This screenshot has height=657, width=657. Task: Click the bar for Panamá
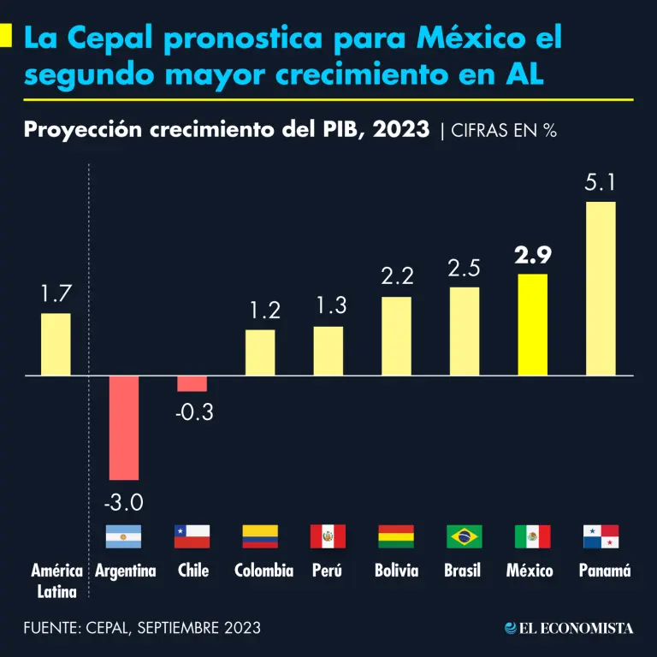point(601,288)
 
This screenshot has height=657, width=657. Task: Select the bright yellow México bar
point(533,324)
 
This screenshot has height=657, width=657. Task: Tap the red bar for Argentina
point(124,427)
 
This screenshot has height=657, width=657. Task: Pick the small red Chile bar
point(192,383)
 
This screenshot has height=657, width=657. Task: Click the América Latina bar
point(56,344)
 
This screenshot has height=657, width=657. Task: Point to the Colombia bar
point(260,352)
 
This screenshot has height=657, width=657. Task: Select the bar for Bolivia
point(396,336)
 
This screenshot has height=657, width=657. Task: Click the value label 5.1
point(601,182)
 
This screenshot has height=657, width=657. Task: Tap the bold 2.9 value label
point(533,255)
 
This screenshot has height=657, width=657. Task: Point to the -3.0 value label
point(124,500)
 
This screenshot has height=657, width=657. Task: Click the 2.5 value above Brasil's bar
point(465,268)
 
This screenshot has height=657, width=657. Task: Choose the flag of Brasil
point(465,536)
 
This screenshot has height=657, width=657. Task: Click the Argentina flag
point(124,536)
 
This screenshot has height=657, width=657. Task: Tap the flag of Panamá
point(601,536)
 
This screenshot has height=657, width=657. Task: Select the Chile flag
point(192,536)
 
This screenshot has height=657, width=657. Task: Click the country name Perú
point(328,571)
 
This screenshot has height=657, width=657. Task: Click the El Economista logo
point(569,628)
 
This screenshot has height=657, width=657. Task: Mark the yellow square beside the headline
point(6,36)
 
